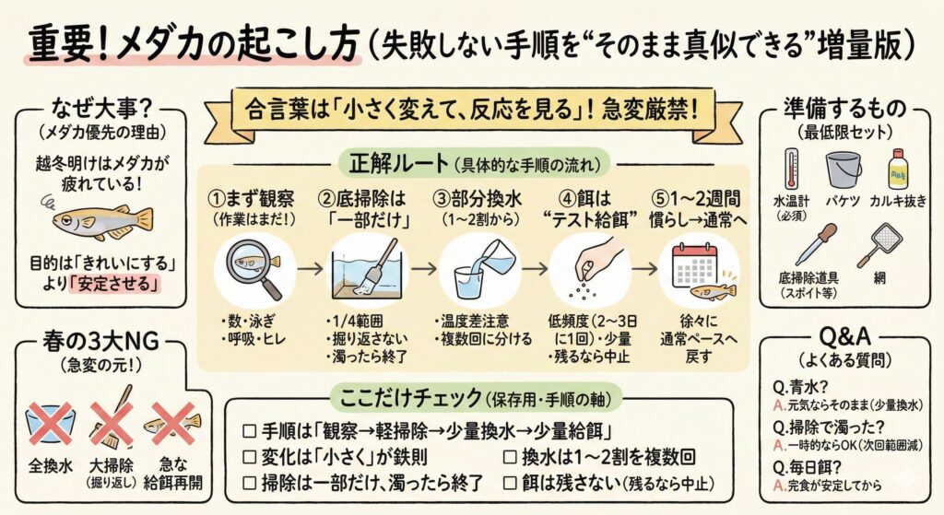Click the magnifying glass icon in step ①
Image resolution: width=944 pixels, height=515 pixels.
[253, 268]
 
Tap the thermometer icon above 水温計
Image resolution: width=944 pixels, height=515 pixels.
[791, 170]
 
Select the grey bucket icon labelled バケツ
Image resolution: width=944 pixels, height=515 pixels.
[843, 170]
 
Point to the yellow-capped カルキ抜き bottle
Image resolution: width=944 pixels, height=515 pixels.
[898, 170]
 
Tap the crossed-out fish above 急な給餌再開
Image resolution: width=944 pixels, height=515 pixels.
[172, 424]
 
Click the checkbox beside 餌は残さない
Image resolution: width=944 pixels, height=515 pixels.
[509, 483]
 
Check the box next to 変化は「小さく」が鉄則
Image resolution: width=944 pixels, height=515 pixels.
[249, 457]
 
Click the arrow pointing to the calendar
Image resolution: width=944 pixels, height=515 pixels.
[644, 268]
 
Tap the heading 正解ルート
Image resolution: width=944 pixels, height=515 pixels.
[398, 162]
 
